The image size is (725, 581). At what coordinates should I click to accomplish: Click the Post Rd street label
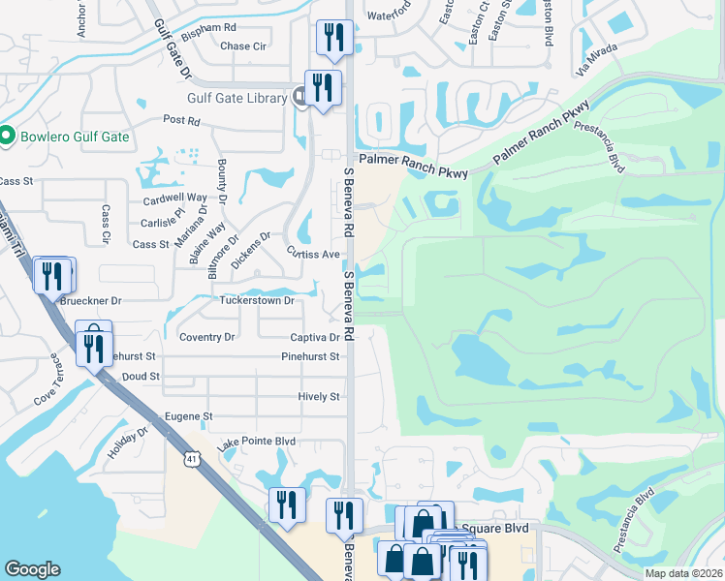181,121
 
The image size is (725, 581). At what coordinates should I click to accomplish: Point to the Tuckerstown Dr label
257,301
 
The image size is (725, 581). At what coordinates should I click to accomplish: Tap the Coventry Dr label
207,337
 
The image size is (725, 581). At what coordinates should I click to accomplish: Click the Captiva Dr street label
315,338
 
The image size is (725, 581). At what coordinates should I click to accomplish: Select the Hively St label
319,397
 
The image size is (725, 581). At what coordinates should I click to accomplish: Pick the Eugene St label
188,416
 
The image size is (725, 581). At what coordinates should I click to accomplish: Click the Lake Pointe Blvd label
256,442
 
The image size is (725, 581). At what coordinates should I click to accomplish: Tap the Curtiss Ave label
312,254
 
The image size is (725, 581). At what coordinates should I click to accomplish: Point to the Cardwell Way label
175,197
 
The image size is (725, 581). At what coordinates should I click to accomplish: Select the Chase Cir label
243,46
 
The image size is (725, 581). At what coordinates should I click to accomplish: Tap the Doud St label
141,376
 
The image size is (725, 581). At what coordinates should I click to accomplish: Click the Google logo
32,569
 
